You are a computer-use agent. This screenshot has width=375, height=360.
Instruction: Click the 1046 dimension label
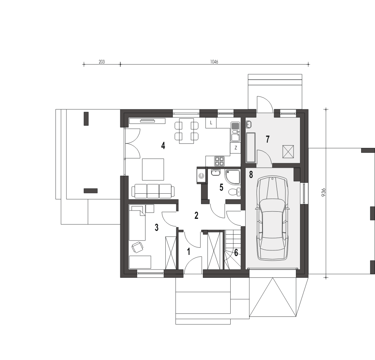pos(214,62)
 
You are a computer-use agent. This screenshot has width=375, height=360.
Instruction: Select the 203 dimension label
pos(102,62)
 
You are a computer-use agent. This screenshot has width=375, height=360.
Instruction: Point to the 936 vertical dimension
pos(324,193)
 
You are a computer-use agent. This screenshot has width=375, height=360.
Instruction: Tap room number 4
pos(163,146)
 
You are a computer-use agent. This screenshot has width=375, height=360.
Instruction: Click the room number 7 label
pos(268,139)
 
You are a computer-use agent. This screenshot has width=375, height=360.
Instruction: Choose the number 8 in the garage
pos(251,175)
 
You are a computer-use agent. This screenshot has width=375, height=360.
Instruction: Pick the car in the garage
pos(272,218)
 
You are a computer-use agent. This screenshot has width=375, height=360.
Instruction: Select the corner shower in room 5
pos(232,177)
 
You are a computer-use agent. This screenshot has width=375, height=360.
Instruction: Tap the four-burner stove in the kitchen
pos(219,161)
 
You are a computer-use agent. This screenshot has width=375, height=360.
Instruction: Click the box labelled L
pos(211,123)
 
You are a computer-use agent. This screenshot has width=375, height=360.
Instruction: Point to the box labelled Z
pos(235,148)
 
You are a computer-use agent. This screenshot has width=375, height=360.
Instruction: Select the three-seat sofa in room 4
pos(153,191)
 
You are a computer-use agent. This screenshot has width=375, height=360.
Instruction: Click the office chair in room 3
pos(137,247)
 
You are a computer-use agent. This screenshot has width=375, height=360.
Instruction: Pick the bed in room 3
pos(137,222)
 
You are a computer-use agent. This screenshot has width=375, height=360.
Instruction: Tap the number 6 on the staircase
pos(236,253)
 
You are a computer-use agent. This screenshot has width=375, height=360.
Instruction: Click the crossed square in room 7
pos(288,152)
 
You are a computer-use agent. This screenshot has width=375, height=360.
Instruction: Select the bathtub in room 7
pos(250,147)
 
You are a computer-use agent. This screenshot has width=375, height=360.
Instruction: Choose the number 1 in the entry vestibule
pos(189,252)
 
